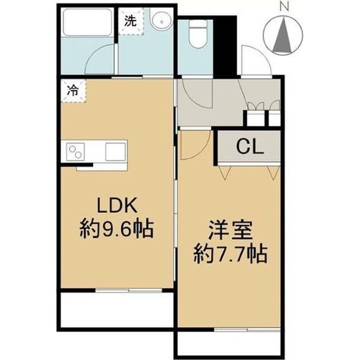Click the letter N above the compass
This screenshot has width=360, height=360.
(285, 7)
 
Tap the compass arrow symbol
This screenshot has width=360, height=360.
(285, 33)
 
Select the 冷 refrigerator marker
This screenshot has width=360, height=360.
(73, 91)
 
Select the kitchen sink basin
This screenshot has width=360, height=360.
(115, 152)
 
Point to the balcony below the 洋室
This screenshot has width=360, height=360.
(229, 342)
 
